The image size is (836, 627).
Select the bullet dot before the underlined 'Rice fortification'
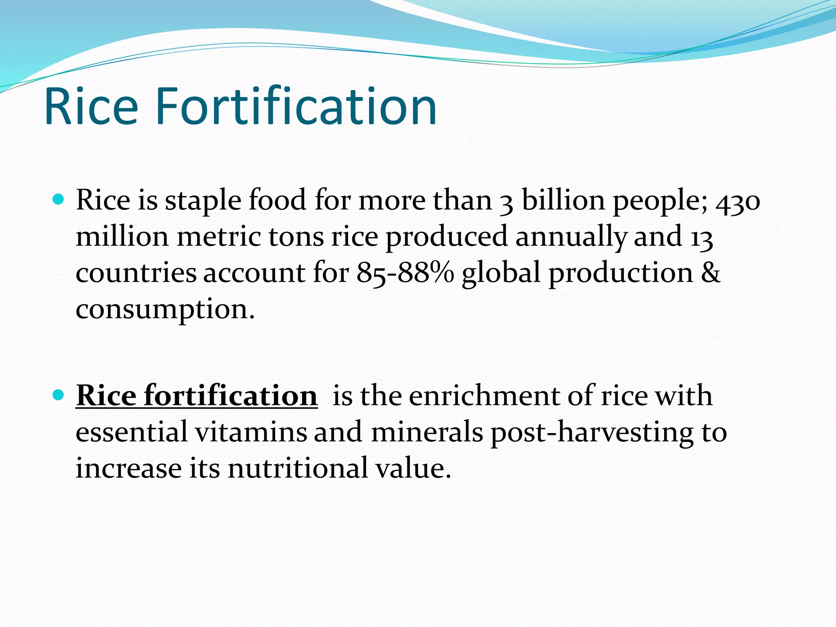(59, 395)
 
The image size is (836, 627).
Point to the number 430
(738, 201)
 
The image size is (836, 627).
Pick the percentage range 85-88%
(405, 273)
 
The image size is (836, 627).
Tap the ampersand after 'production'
(711, 273)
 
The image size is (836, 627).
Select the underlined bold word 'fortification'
(231, 396)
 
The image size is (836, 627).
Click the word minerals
(427, 432)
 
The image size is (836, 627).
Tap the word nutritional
(298, 468)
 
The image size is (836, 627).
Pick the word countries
(136, 273)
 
